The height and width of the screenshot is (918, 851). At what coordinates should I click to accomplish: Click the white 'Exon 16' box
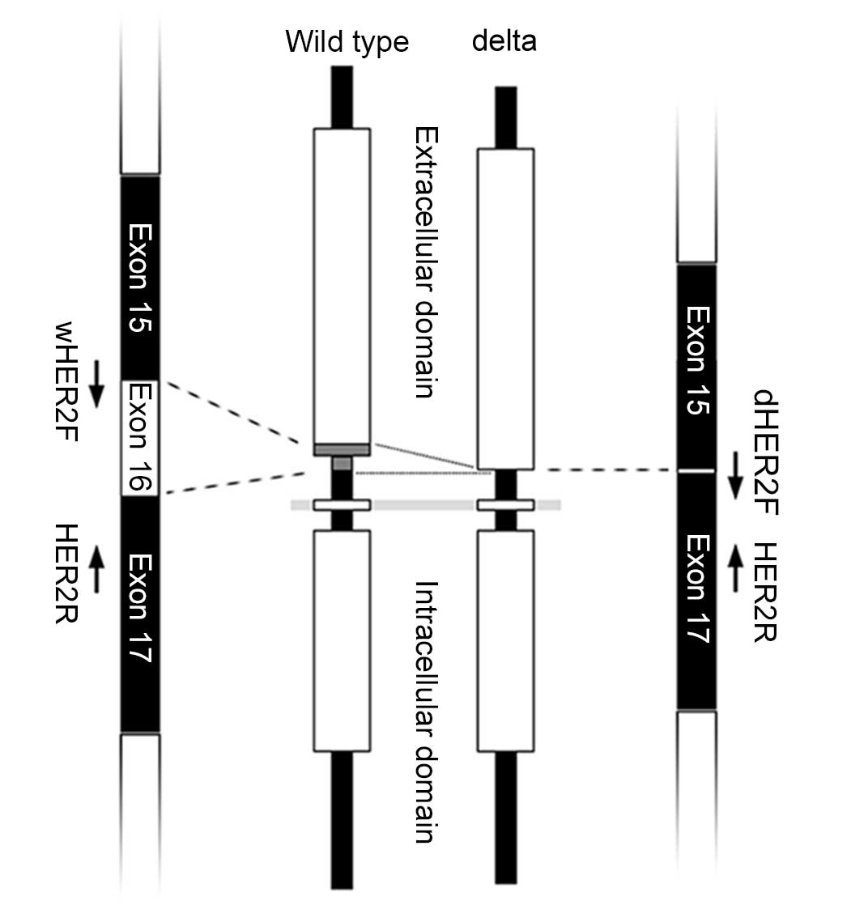(141, 438)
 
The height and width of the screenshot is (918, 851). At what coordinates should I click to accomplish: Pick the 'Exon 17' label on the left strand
(141, 609)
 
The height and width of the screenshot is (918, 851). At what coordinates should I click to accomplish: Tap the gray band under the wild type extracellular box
(342, 449)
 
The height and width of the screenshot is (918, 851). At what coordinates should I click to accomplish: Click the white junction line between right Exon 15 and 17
(696, 470)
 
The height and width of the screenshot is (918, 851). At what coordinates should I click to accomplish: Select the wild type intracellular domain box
(342, 640)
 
